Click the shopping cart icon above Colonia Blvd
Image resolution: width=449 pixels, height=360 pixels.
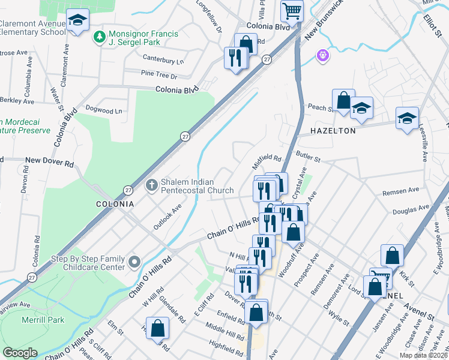click(x=292, y=10)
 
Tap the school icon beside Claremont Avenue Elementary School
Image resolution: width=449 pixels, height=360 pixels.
click(x=77, y=21)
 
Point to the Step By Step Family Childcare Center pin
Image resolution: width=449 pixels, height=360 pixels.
click(x=134, y=262)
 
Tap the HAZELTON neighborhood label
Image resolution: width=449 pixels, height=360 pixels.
click(x=333, y=130)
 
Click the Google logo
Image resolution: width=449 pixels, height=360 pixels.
click(x=20, y=353)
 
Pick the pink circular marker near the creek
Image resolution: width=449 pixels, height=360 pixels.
click(x=323, y=55)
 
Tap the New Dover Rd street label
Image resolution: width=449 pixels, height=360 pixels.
click(x=49, y=163)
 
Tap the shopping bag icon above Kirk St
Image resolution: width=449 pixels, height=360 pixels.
click(x=392, y=256)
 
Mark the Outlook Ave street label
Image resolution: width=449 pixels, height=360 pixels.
click(x=167, y=217)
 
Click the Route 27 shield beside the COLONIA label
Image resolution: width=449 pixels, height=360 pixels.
click(x=128, y=190)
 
